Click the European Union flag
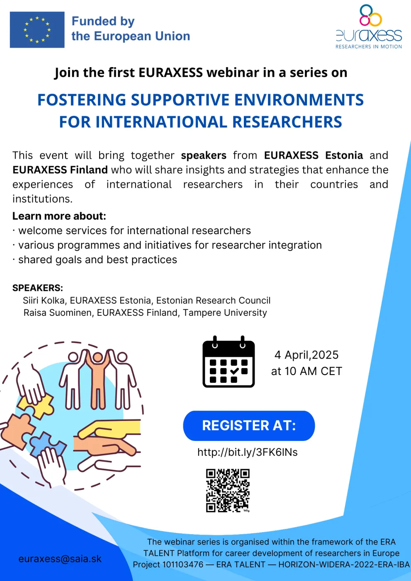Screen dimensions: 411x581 click(37, 29)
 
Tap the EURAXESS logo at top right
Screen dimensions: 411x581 click(369, 27)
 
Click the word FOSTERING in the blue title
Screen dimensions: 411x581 click(82, 100)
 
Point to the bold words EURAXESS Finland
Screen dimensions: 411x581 click(60, 170)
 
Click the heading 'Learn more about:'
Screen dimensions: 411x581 click(59, 216)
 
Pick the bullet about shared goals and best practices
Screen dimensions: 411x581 click(95, 260)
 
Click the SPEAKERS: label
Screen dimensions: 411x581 click(38, 288)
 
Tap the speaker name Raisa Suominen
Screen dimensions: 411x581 click(57, 312)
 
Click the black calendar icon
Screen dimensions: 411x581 click(229, 361)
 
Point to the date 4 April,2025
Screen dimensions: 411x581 click(306, 355)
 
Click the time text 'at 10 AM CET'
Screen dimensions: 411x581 click(306, 371)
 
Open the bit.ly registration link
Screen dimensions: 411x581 click(248, 452)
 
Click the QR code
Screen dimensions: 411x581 click(228, 491)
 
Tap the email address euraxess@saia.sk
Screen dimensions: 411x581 click(60, 559)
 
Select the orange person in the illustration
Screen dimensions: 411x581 click(97, 380)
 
